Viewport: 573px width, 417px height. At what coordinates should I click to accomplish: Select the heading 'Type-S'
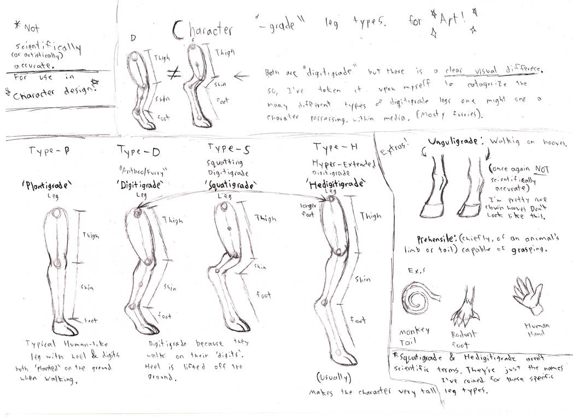coord(229,147)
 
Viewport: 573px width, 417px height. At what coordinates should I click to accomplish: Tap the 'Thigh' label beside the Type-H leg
coord(370,216)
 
